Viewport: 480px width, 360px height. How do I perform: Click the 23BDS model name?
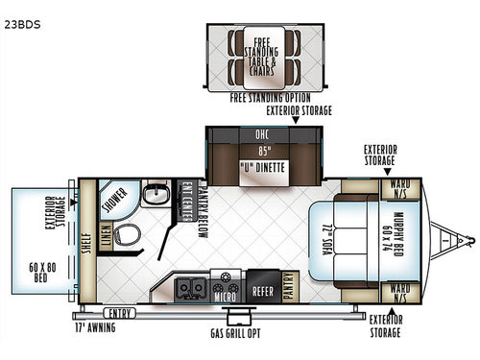pos(20,12)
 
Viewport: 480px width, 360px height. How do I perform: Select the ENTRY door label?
pos(120,312)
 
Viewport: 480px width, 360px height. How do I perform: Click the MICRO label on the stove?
pos(228,297)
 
